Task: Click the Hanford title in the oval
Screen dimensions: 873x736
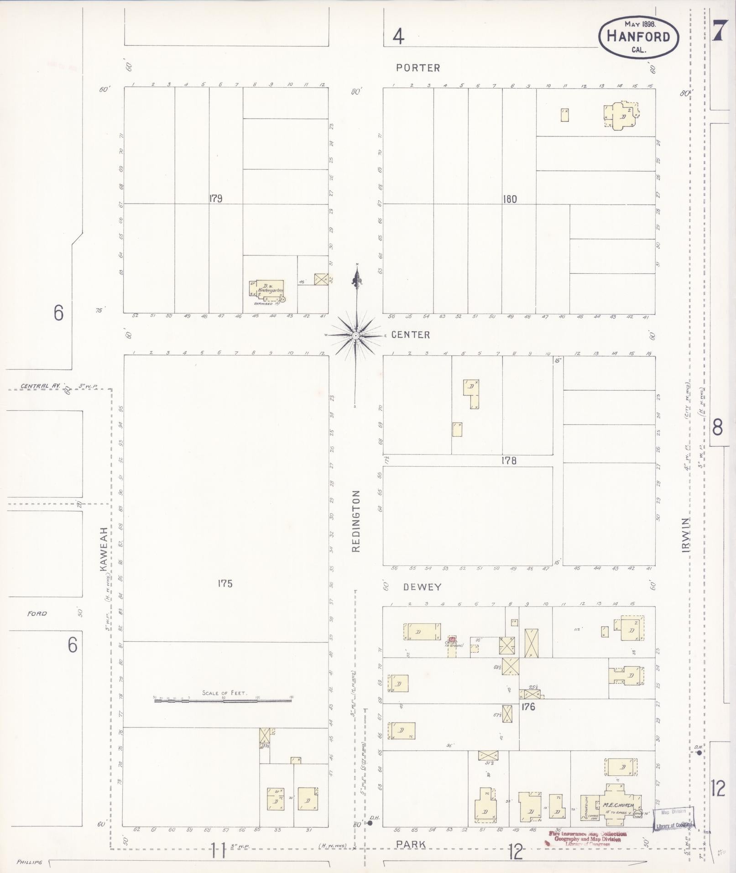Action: click(638, 37)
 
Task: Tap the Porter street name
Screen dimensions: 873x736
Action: click(418, 68)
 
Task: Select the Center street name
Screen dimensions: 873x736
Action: click(411, 335)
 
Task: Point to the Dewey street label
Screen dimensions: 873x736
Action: click(422, 587)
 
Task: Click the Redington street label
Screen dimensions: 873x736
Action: click(356, 521)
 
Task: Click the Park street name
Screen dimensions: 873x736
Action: click(411, 845)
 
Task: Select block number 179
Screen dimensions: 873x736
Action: click(215, 199)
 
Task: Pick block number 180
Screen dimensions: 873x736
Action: click(509, 199)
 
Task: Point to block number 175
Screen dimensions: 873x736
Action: click(225, 583)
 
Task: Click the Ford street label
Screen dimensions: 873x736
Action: click(37, 613)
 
